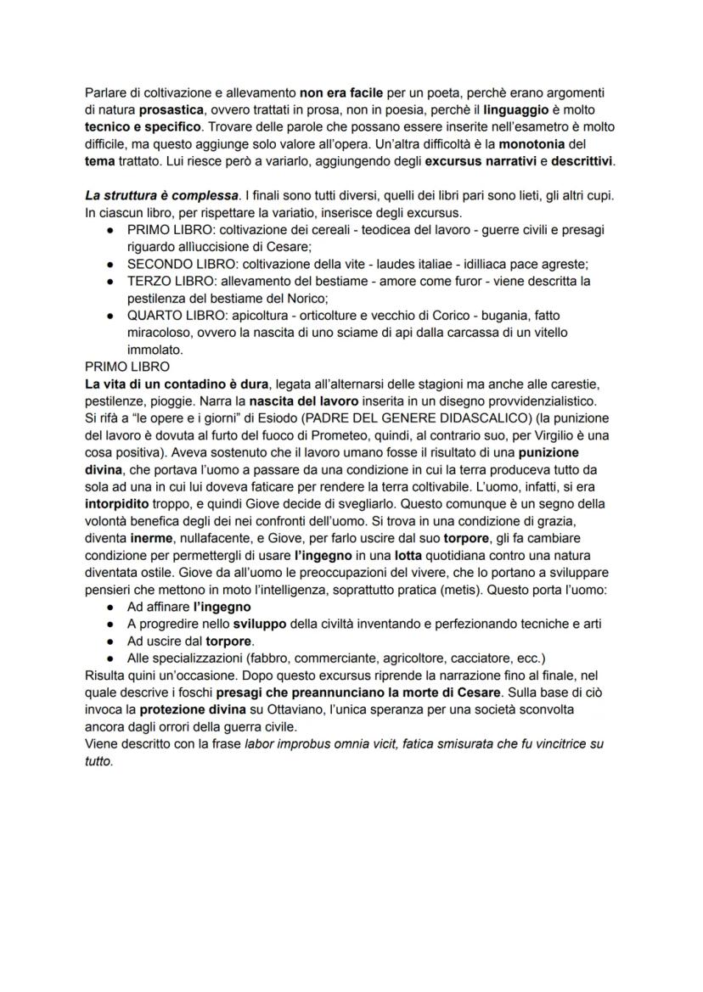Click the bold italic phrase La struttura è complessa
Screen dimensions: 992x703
156,196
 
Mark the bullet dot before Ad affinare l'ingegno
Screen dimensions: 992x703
110,608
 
